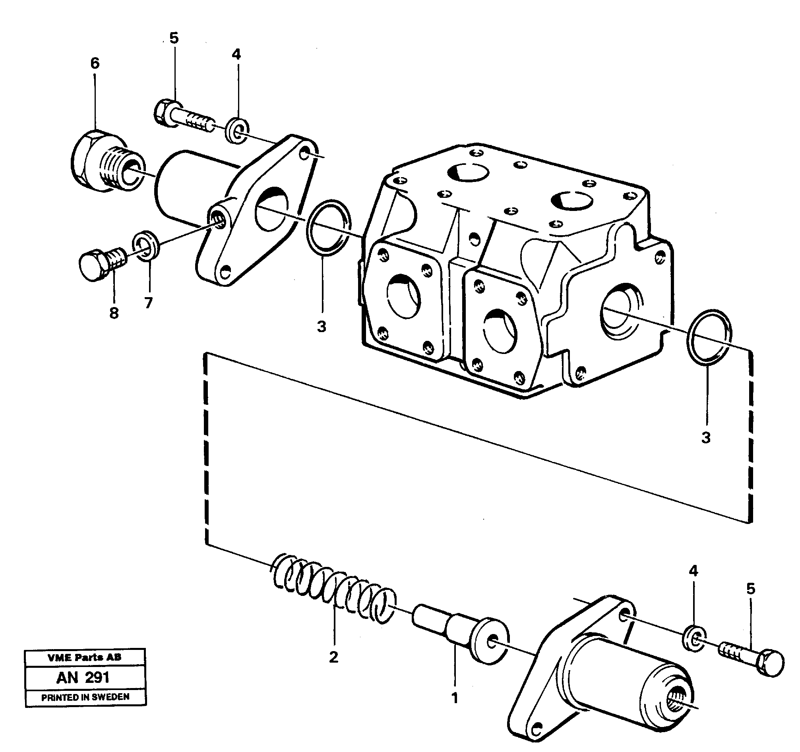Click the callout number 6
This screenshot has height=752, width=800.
click(95, 64)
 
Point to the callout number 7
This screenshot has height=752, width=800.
click(149, 303)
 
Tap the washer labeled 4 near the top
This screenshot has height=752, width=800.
click(237, 130)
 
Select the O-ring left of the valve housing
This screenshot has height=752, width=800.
click(328, 228)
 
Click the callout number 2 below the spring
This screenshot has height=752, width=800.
click(333, 657)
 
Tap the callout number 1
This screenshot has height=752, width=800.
click(455, 698)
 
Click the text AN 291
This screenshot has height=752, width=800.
click(83, 678)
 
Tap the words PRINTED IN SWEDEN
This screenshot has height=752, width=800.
click(85, 697)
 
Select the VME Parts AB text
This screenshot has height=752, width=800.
click(84, 657)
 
